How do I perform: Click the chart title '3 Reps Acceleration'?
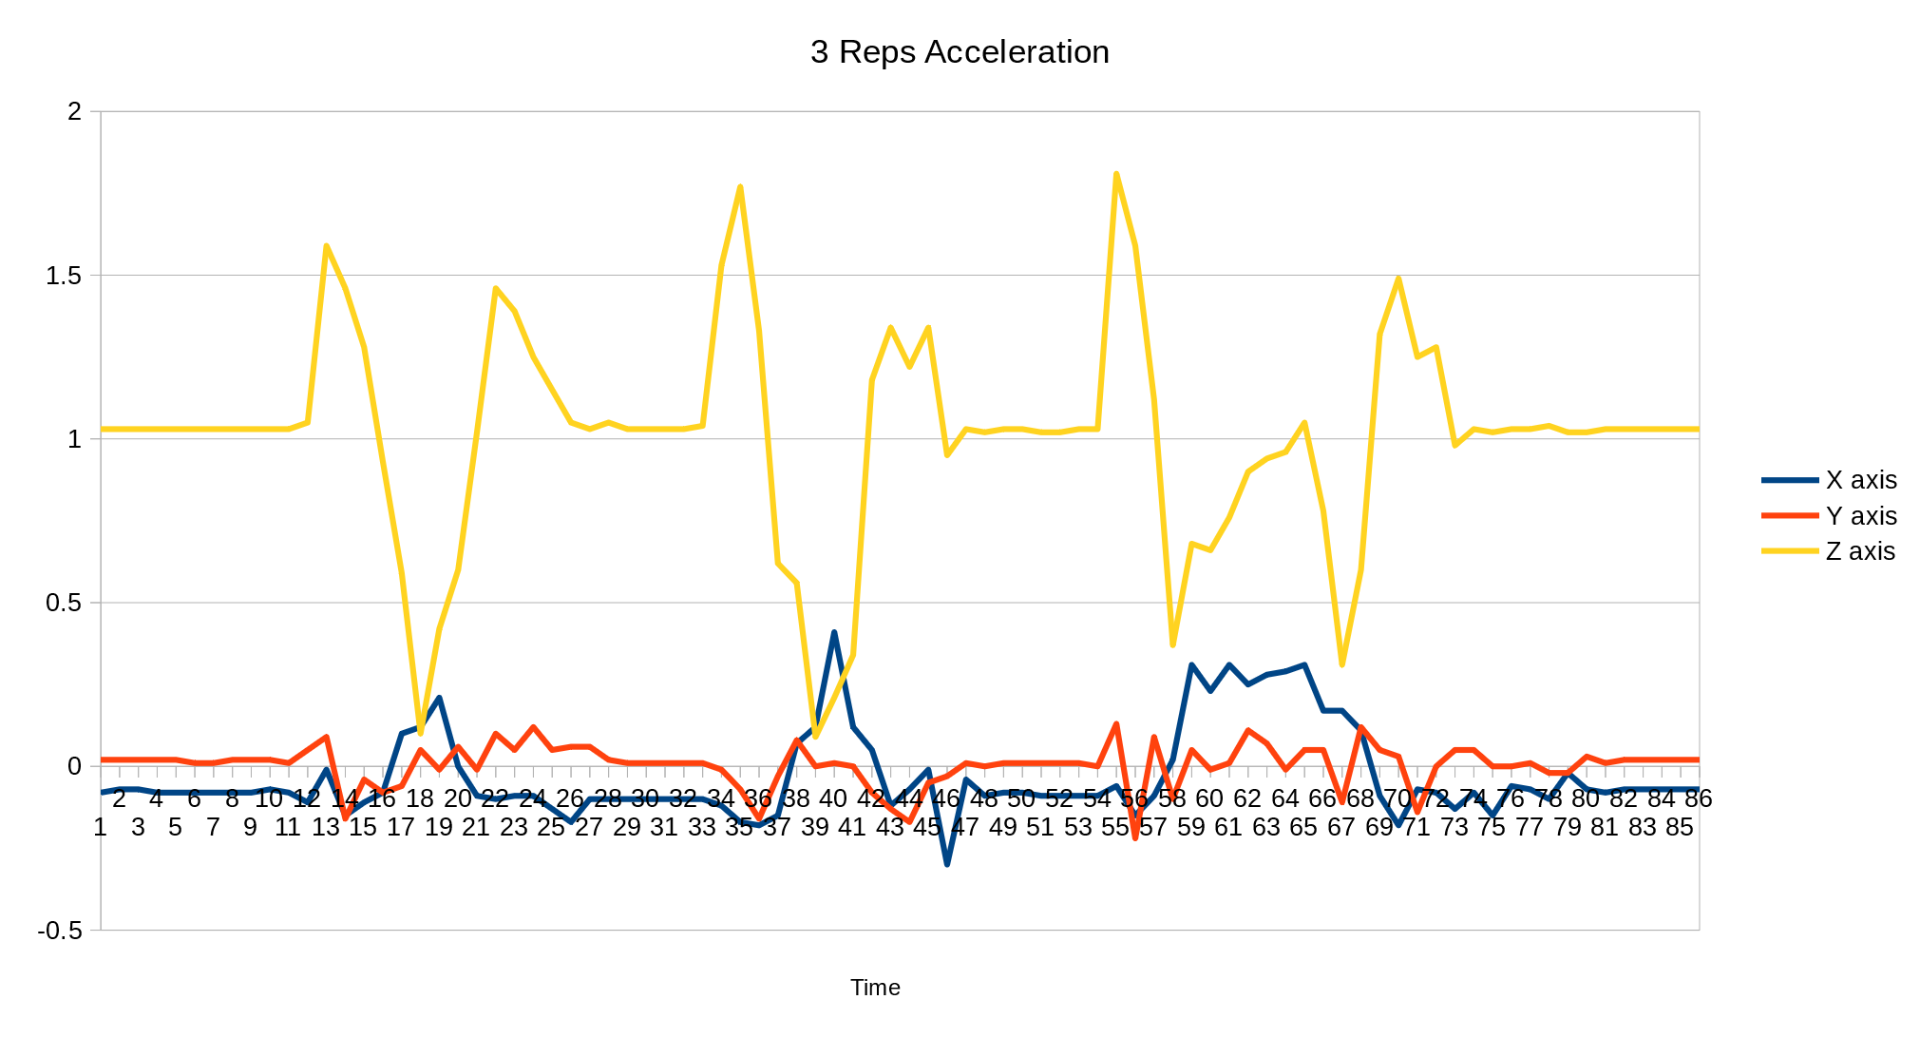click(960, 52)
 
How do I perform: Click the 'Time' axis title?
click(875, 988)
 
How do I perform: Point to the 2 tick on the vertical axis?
click(74, 111)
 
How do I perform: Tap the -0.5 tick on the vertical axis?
click(60, 931)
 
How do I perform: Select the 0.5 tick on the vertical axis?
click(65, 603)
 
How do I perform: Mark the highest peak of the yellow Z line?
click(1116, 174)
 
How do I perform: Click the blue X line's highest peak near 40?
click(834, 632)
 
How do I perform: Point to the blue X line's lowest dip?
click(947, 864)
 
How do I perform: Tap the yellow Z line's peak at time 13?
click(326, 246)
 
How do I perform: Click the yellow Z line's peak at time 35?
click(740, 187)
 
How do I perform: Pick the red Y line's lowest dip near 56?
click(1135, 837)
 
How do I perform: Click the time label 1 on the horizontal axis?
click(100, 827)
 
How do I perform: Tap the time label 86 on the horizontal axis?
click(1698, 798)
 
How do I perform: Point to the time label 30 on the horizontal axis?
click(645, 798)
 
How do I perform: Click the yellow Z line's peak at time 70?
click(1398, 279)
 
